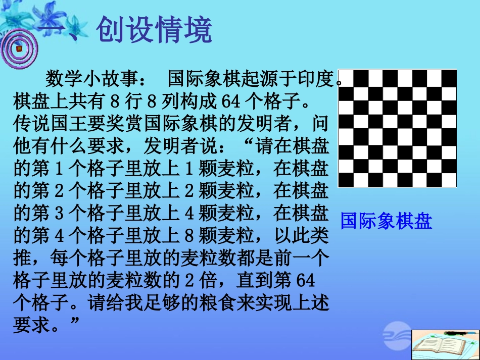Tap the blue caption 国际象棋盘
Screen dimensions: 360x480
[x=386, y=221]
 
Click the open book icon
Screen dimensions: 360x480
[x=444, y=345]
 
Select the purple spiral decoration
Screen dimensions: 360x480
[x=18, y=48]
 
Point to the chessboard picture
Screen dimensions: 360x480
[x=397, y=128]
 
